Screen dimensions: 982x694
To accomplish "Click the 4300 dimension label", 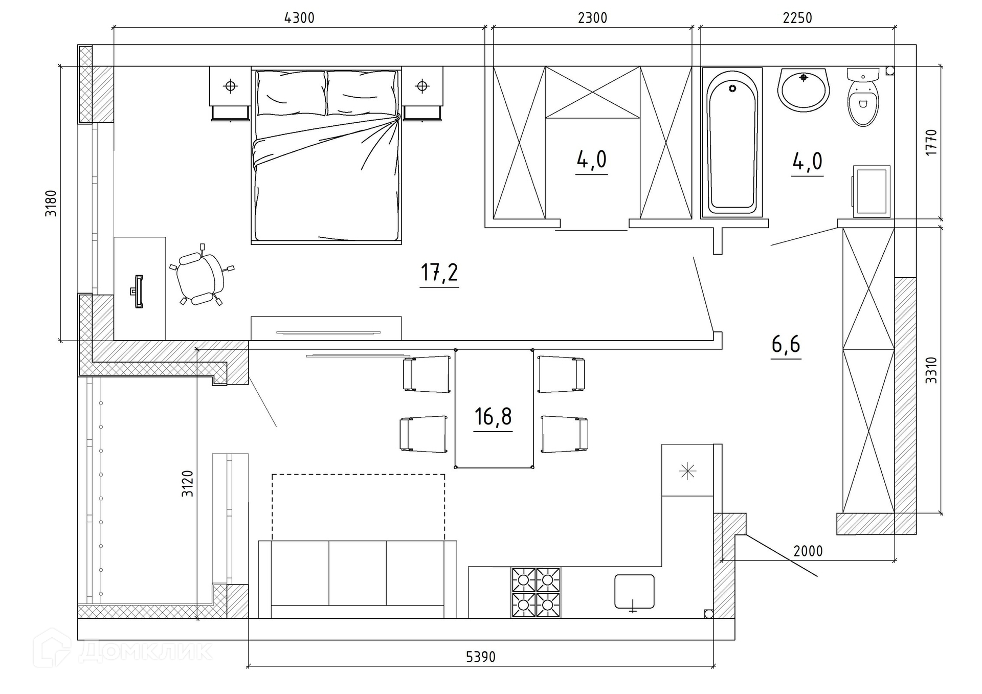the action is pyautogui.click(x=299, y=18).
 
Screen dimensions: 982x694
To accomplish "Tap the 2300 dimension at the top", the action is pyautogui.click(x=592, y=18).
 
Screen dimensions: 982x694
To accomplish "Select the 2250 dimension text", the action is pyautogui.click(x=797, y=18).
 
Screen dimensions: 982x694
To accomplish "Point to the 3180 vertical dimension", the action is pyautogui.click(x=51, y=203).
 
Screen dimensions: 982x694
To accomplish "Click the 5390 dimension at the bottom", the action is pyautogui.click(x=481, y=657).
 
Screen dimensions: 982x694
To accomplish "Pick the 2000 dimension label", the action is pyautogui.click(x=808, y=551).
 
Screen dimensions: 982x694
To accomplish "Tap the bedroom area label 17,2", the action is pyautogui.click(x=439, y=273).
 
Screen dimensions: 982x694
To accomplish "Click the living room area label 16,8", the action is pyautogui.click(x=493, y=417).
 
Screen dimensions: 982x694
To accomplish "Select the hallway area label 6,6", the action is pyautogui.click(x=786, y=345).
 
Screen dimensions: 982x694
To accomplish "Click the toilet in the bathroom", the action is pyautogui.click(x=863, y=97).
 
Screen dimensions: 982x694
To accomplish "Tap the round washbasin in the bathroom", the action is pyautogui.click(x=804, y=89).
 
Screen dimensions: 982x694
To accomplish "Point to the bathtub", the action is pyautogui.click(x=732, y=143).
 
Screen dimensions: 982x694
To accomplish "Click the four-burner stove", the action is pyautogui.click(x=535, y=593).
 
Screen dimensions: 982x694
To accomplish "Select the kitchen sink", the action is pyautogui.click(x=634, y=592).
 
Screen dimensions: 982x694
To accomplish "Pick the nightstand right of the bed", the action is pyautogui.click(x=422, y=94).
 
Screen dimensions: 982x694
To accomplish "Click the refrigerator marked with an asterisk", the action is pyautogui.click(x=687, y=470).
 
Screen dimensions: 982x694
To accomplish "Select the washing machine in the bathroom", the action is pyautogui.click(x=872, y=191).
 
